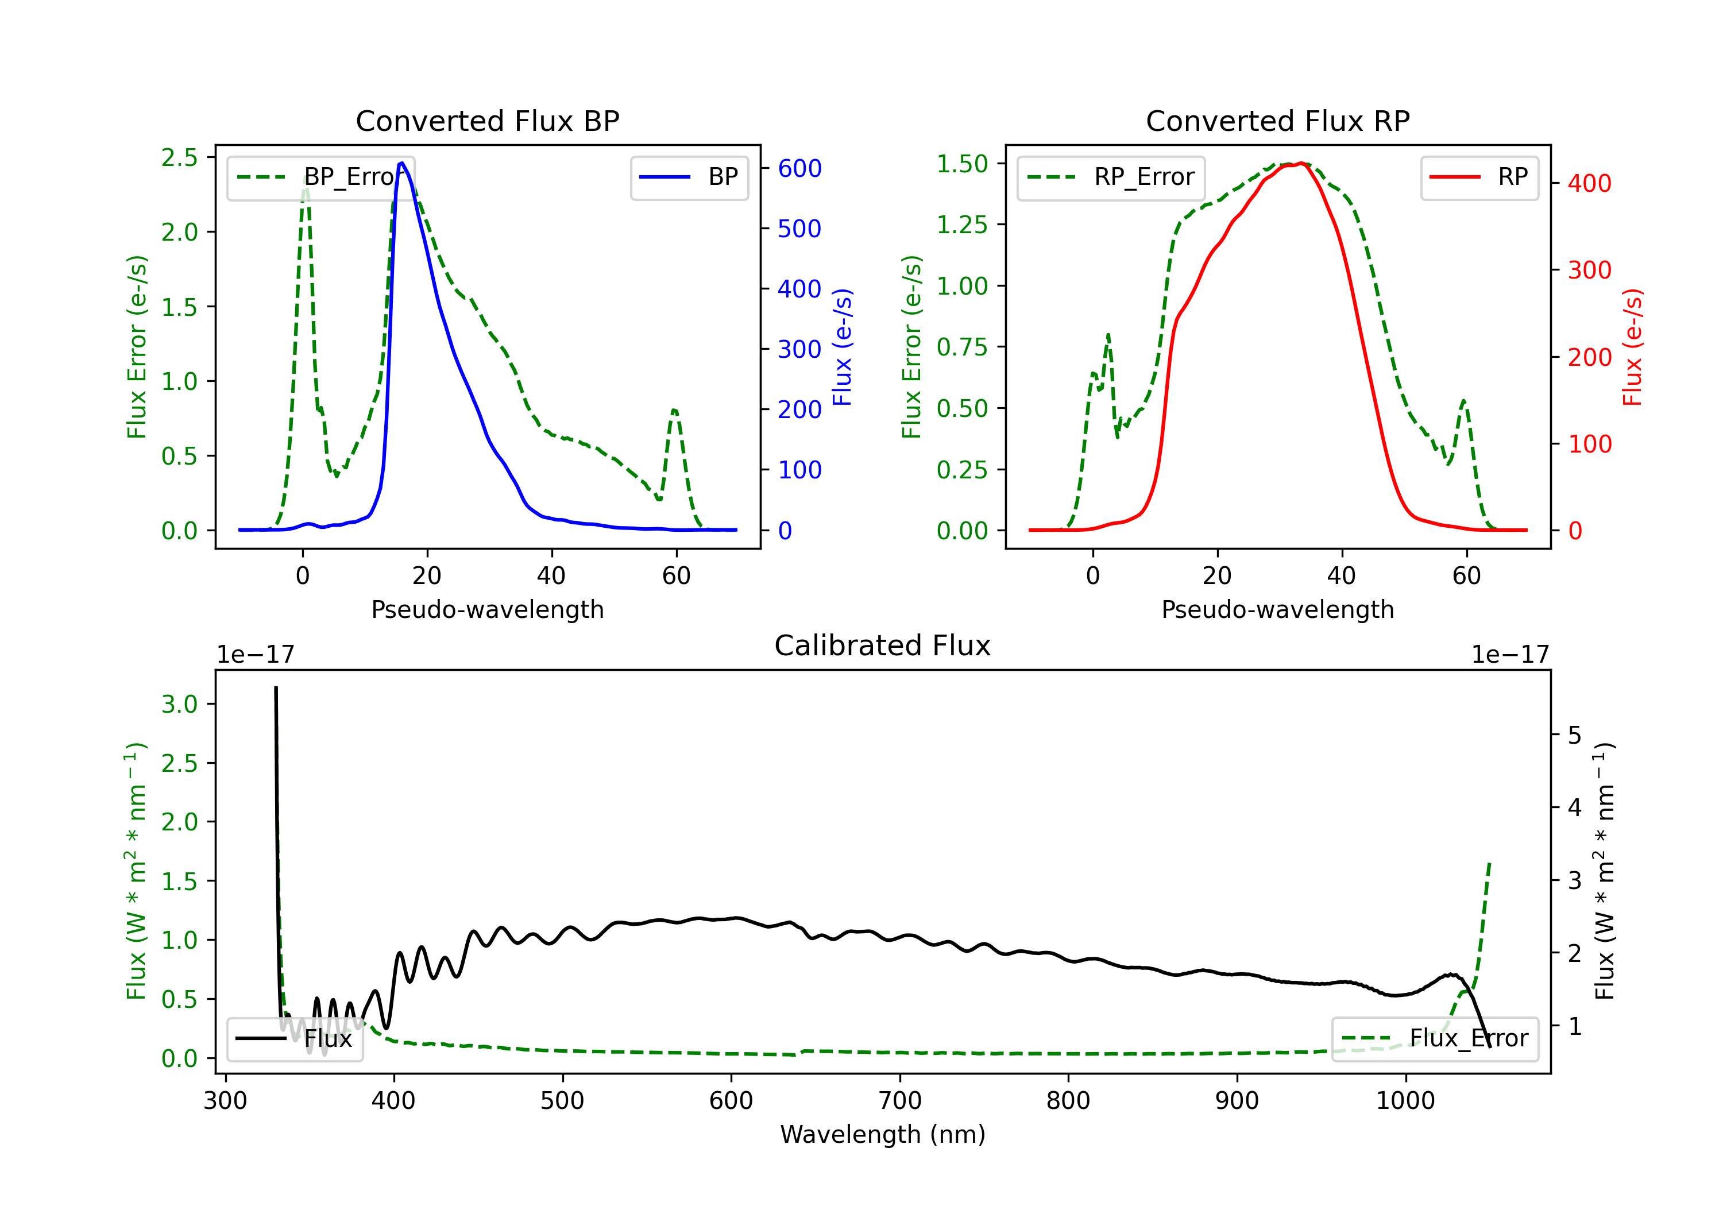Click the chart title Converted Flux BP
487,121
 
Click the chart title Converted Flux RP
1277,121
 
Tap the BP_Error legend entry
321,177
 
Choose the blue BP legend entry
689,177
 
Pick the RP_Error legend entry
1111,177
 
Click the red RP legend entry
1479,177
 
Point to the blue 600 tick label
799,168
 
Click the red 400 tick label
1589,183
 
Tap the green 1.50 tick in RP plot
962,164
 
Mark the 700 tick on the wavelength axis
900,1100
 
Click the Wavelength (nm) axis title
883,1134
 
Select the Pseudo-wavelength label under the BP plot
487,609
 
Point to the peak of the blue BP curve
402,163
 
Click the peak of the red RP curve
1300,164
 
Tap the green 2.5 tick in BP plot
179,157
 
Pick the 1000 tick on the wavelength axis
1405,1100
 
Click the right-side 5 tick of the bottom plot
1574,735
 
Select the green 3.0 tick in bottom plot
179,704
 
